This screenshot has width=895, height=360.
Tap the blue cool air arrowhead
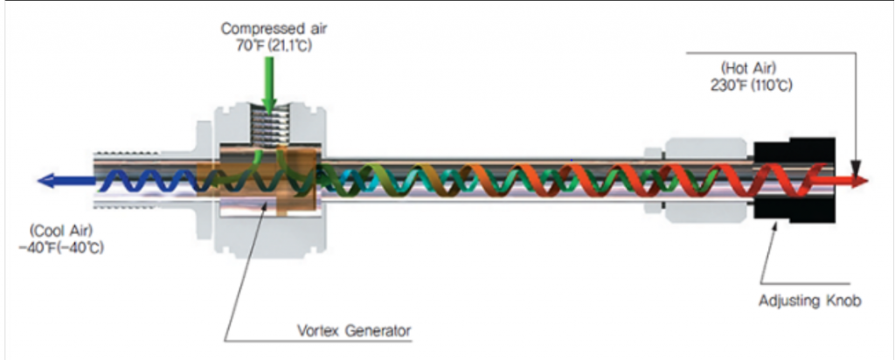45,181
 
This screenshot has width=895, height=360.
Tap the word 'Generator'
378,331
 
